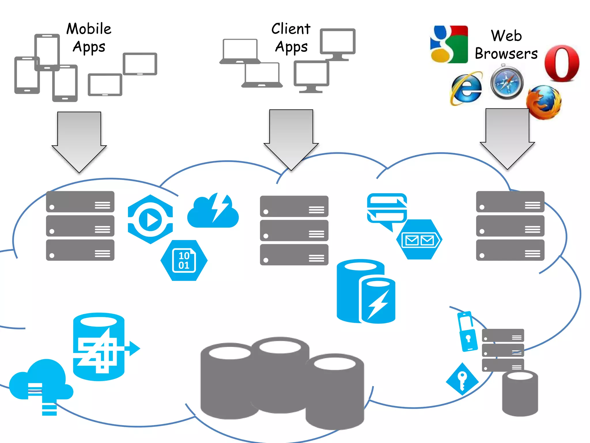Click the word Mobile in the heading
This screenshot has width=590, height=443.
coord(89,29)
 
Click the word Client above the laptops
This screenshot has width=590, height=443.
coord(291,29)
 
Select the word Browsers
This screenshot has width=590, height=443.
coord(506,54)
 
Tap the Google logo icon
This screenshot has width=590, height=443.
coord(449,44)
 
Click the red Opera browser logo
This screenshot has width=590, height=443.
coord(562,63)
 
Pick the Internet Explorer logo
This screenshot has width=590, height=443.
coord(466,88)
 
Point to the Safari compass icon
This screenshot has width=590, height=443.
coord(507,83)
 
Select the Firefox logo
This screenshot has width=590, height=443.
coord(544,102)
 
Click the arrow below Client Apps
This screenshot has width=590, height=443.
coord(291,138)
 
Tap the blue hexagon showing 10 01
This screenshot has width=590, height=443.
coord(184,260)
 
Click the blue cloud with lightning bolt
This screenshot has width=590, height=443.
coord(213,212)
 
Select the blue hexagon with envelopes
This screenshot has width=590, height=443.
coord(419,240)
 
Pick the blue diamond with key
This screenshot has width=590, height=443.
coord(462,379)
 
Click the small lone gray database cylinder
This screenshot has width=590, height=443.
coord(520,394)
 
